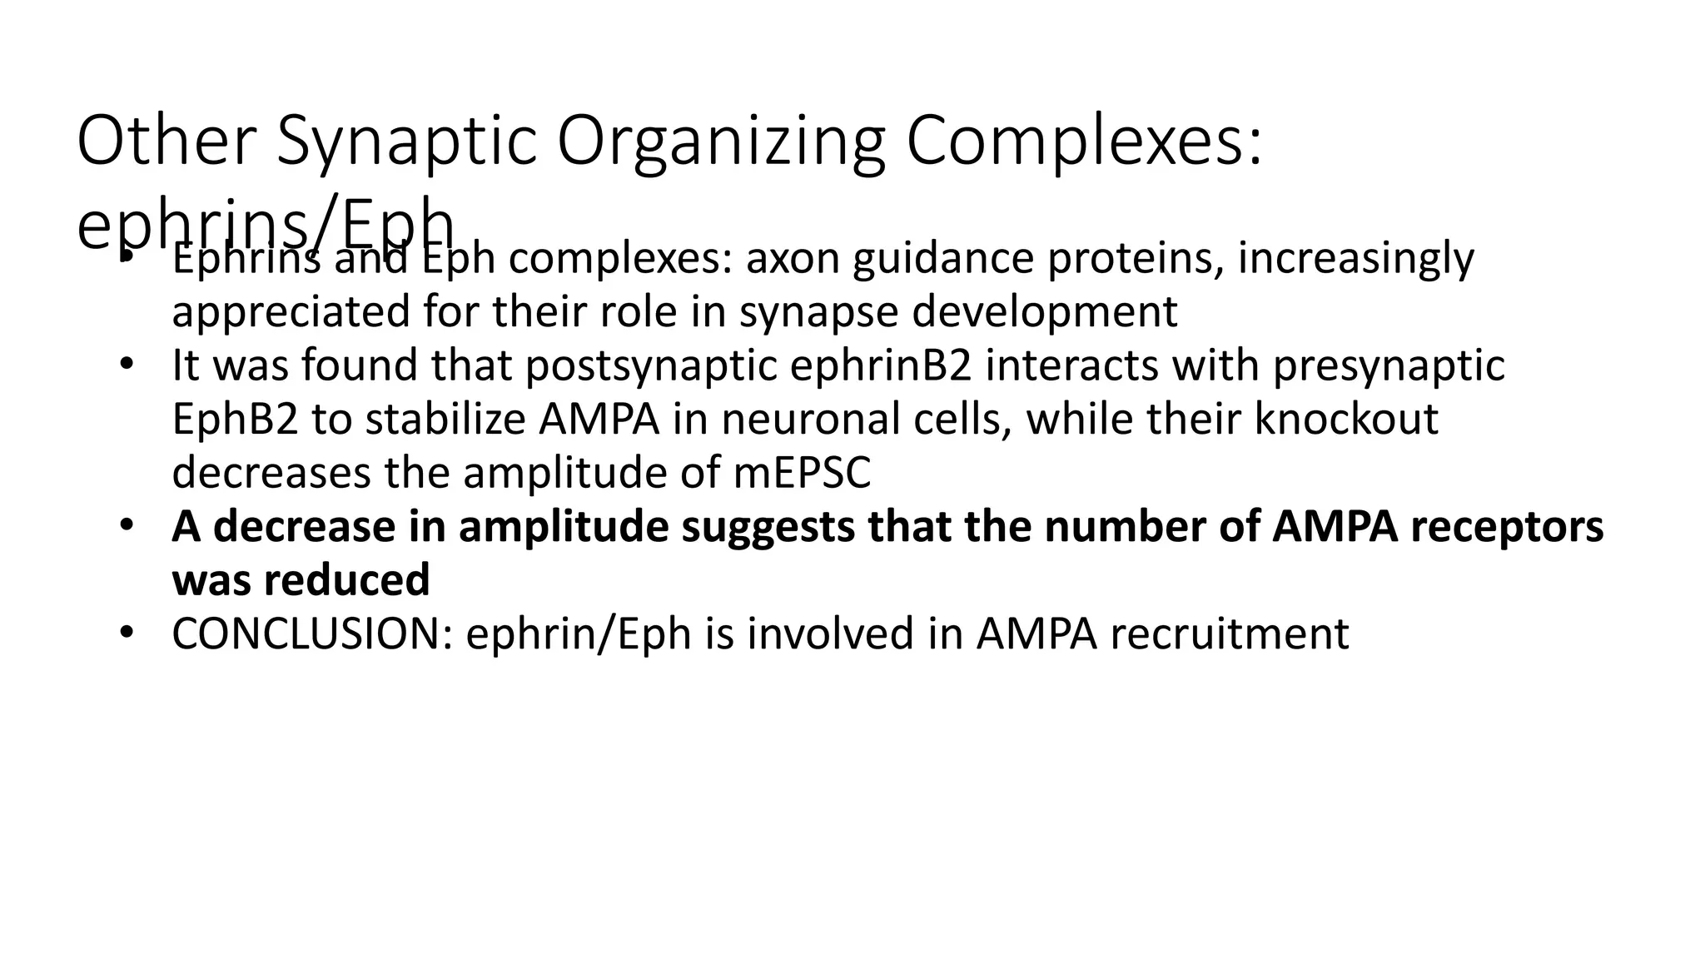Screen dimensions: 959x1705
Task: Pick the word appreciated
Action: click(291, 311)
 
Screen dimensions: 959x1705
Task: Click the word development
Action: click(1045, 311)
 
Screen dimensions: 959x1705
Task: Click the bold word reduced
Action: click(346, 579)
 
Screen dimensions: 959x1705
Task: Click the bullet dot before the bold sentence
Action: click(126, 526)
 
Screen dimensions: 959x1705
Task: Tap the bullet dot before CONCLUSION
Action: click(126, 634)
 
